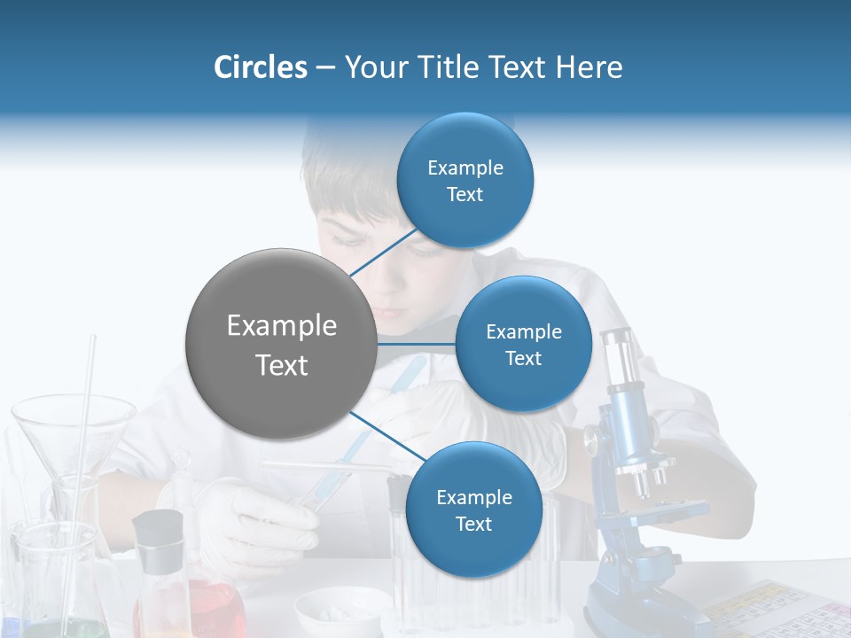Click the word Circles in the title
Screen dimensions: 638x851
(260, 67)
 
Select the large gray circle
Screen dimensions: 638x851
(281, 344)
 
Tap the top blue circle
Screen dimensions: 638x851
(465, 181)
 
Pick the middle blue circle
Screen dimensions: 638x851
(523, 344)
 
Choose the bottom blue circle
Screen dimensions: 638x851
(473, 510)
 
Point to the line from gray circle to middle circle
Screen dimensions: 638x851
(417, 343)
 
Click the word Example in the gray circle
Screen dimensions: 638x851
(281, 326)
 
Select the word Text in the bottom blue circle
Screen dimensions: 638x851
(473, 525)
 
